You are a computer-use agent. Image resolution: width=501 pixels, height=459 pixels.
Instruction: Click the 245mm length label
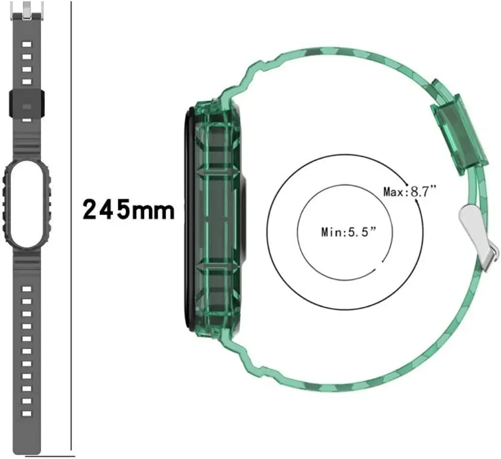129,209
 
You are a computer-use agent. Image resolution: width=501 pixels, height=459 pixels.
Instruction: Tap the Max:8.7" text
410,191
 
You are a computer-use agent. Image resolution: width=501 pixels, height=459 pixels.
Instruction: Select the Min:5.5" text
349,232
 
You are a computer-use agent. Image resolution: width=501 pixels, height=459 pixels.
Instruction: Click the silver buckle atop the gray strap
27,10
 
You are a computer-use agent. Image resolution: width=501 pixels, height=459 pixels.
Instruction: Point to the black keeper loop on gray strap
27,103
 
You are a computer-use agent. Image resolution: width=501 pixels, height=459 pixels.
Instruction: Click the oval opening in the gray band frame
27,205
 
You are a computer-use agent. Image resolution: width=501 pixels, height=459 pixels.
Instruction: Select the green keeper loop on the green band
459,127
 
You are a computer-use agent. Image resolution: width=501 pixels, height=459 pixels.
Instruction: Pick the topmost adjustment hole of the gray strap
27,44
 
